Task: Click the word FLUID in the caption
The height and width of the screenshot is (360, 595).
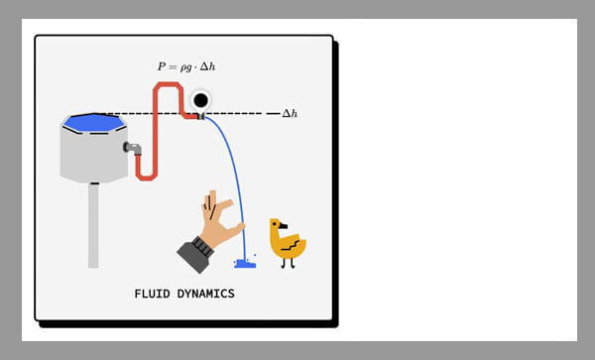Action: coord(152,294)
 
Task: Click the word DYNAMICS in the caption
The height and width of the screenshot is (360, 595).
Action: coord(205,294)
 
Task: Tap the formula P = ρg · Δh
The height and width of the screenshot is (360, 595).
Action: coord(186,66)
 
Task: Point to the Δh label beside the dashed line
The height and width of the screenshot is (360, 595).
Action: coord(290,113)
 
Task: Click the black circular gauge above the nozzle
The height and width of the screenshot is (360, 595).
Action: coord(200,100)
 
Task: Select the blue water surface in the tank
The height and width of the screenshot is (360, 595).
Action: coord(94,123)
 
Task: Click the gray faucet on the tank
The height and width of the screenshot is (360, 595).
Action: coord(133,148)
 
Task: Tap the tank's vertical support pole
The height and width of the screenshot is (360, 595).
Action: coord(94,225)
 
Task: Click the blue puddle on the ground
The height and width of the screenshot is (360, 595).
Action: coord(245,264)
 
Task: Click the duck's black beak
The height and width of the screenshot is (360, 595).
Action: coord(283,226)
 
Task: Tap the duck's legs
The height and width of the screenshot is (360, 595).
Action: coord(288,263)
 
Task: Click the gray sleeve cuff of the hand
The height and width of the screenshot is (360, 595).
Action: coord(195,254)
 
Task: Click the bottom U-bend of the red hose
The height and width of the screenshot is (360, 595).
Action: coord(146,177)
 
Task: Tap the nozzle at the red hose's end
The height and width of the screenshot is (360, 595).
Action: coord(201,116)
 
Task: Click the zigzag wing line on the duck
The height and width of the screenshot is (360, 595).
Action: coord(291,245)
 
